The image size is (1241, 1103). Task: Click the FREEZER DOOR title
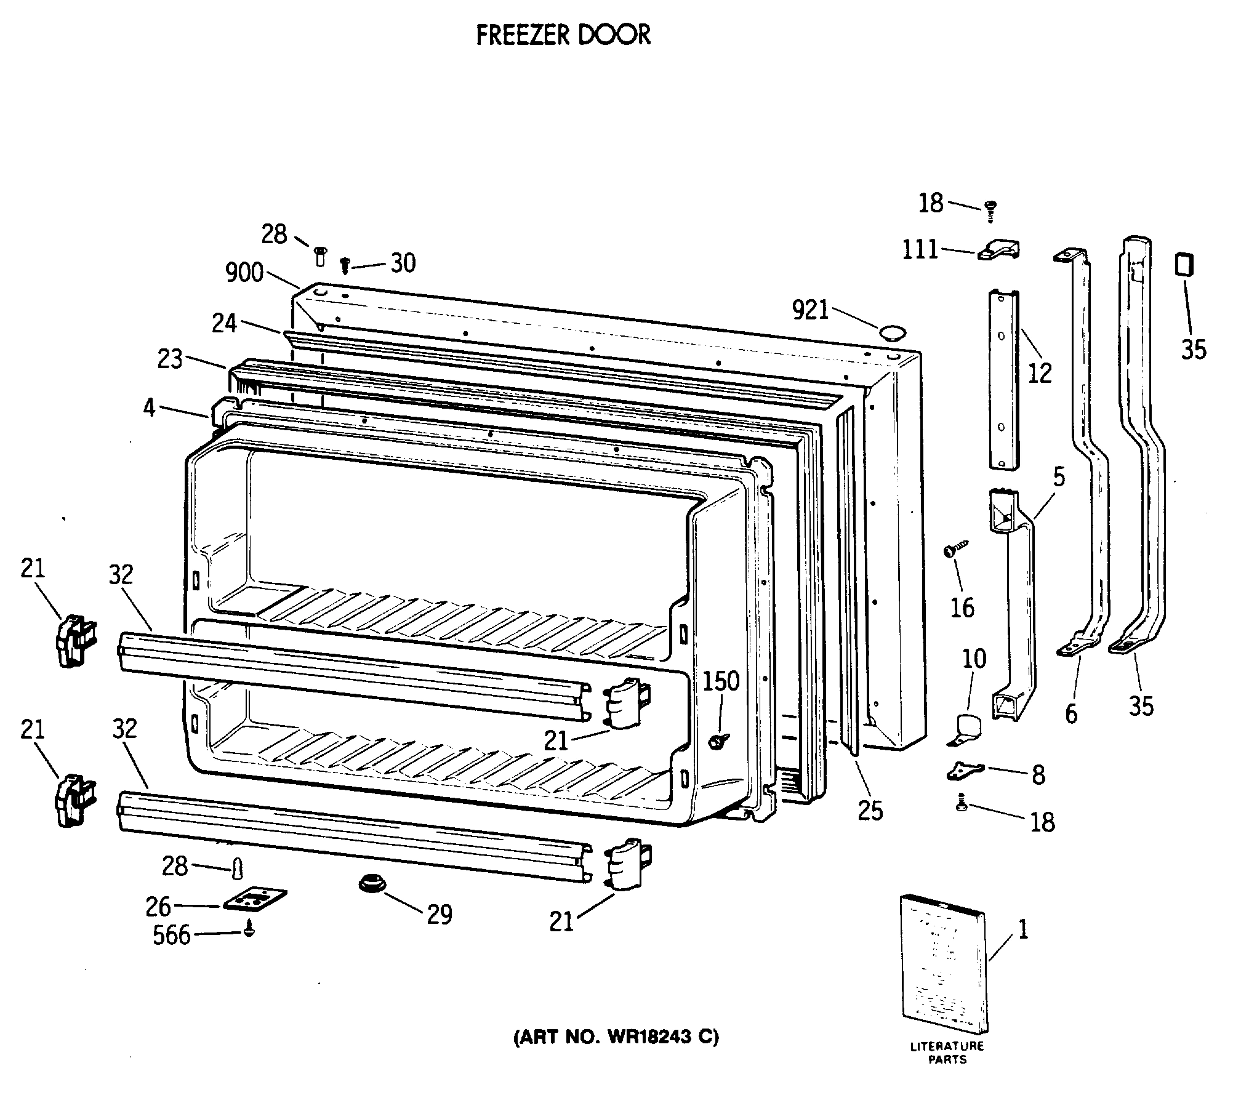pyautogui.click(x=563, y=36)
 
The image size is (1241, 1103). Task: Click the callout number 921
pyautogui.click(x=811, y=311)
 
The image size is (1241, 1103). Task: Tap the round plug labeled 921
pyautogui.click(x=892, y=334)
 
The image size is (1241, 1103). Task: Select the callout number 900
pyautogui.click(x=244, y=273)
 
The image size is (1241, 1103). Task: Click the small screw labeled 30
pyautogui.click(x=345, y=266)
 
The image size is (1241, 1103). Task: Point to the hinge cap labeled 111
pyautogui.click(x=998, y=250)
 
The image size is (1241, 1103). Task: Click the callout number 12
pyautogui.click(x=1040, y=374)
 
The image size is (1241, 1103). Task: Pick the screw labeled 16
pyautogui.click(x=955, y=548)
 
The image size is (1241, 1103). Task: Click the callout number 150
pyautogui.click(x=721, y=681)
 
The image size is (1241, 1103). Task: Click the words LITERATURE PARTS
pyautogui.click(x=947, y=1053)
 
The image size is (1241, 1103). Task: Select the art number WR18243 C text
pyautogui.click(x=616, y=1038)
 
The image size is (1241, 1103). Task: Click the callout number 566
pyautogui.click(x=172, y=936)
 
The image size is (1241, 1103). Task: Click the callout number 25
pyautogui.click(x=870, y=811)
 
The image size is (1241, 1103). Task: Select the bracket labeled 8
pyautogui.click(x=965, y=770)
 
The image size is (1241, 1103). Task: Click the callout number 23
pyautogui.click(x=170, y=359)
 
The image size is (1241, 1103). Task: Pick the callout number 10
pyautogui.click(x=974, y=659)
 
